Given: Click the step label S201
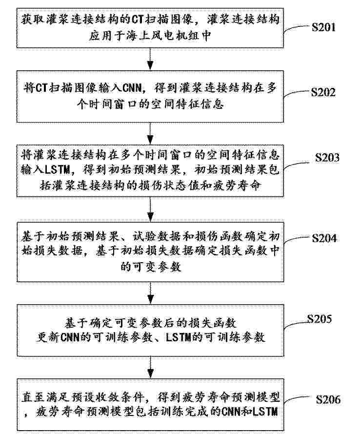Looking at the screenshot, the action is coord(323,27).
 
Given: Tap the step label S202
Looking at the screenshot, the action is coord(323,92).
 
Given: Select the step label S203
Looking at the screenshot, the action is coord(327,157).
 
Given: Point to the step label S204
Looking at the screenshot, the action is coord(324,238).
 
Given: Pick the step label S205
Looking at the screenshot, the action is coord(320,319).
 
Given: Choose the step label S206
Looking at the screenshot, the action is coord(328,400).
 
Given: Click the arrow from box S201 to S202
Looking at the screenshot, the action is coord(150,59).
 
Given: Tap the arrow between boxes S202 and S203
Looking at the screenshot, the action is coord(150,133).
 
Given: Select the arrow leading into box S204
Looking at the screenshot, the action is coord(150,209).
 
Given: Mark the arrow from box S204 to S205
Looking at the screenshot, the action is coord(150,293).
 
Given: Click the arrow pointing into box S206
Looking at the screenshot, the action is coord(151,367).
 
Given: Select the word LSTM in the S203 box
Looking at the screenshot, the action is coord(58,170).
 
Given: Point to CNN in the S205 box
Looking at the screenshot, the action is coord(70,338).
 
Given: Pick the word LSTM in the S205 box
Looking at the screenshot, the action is coord(179,338).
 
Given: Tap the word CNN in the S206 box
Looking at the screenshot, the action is coord(231,412).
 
